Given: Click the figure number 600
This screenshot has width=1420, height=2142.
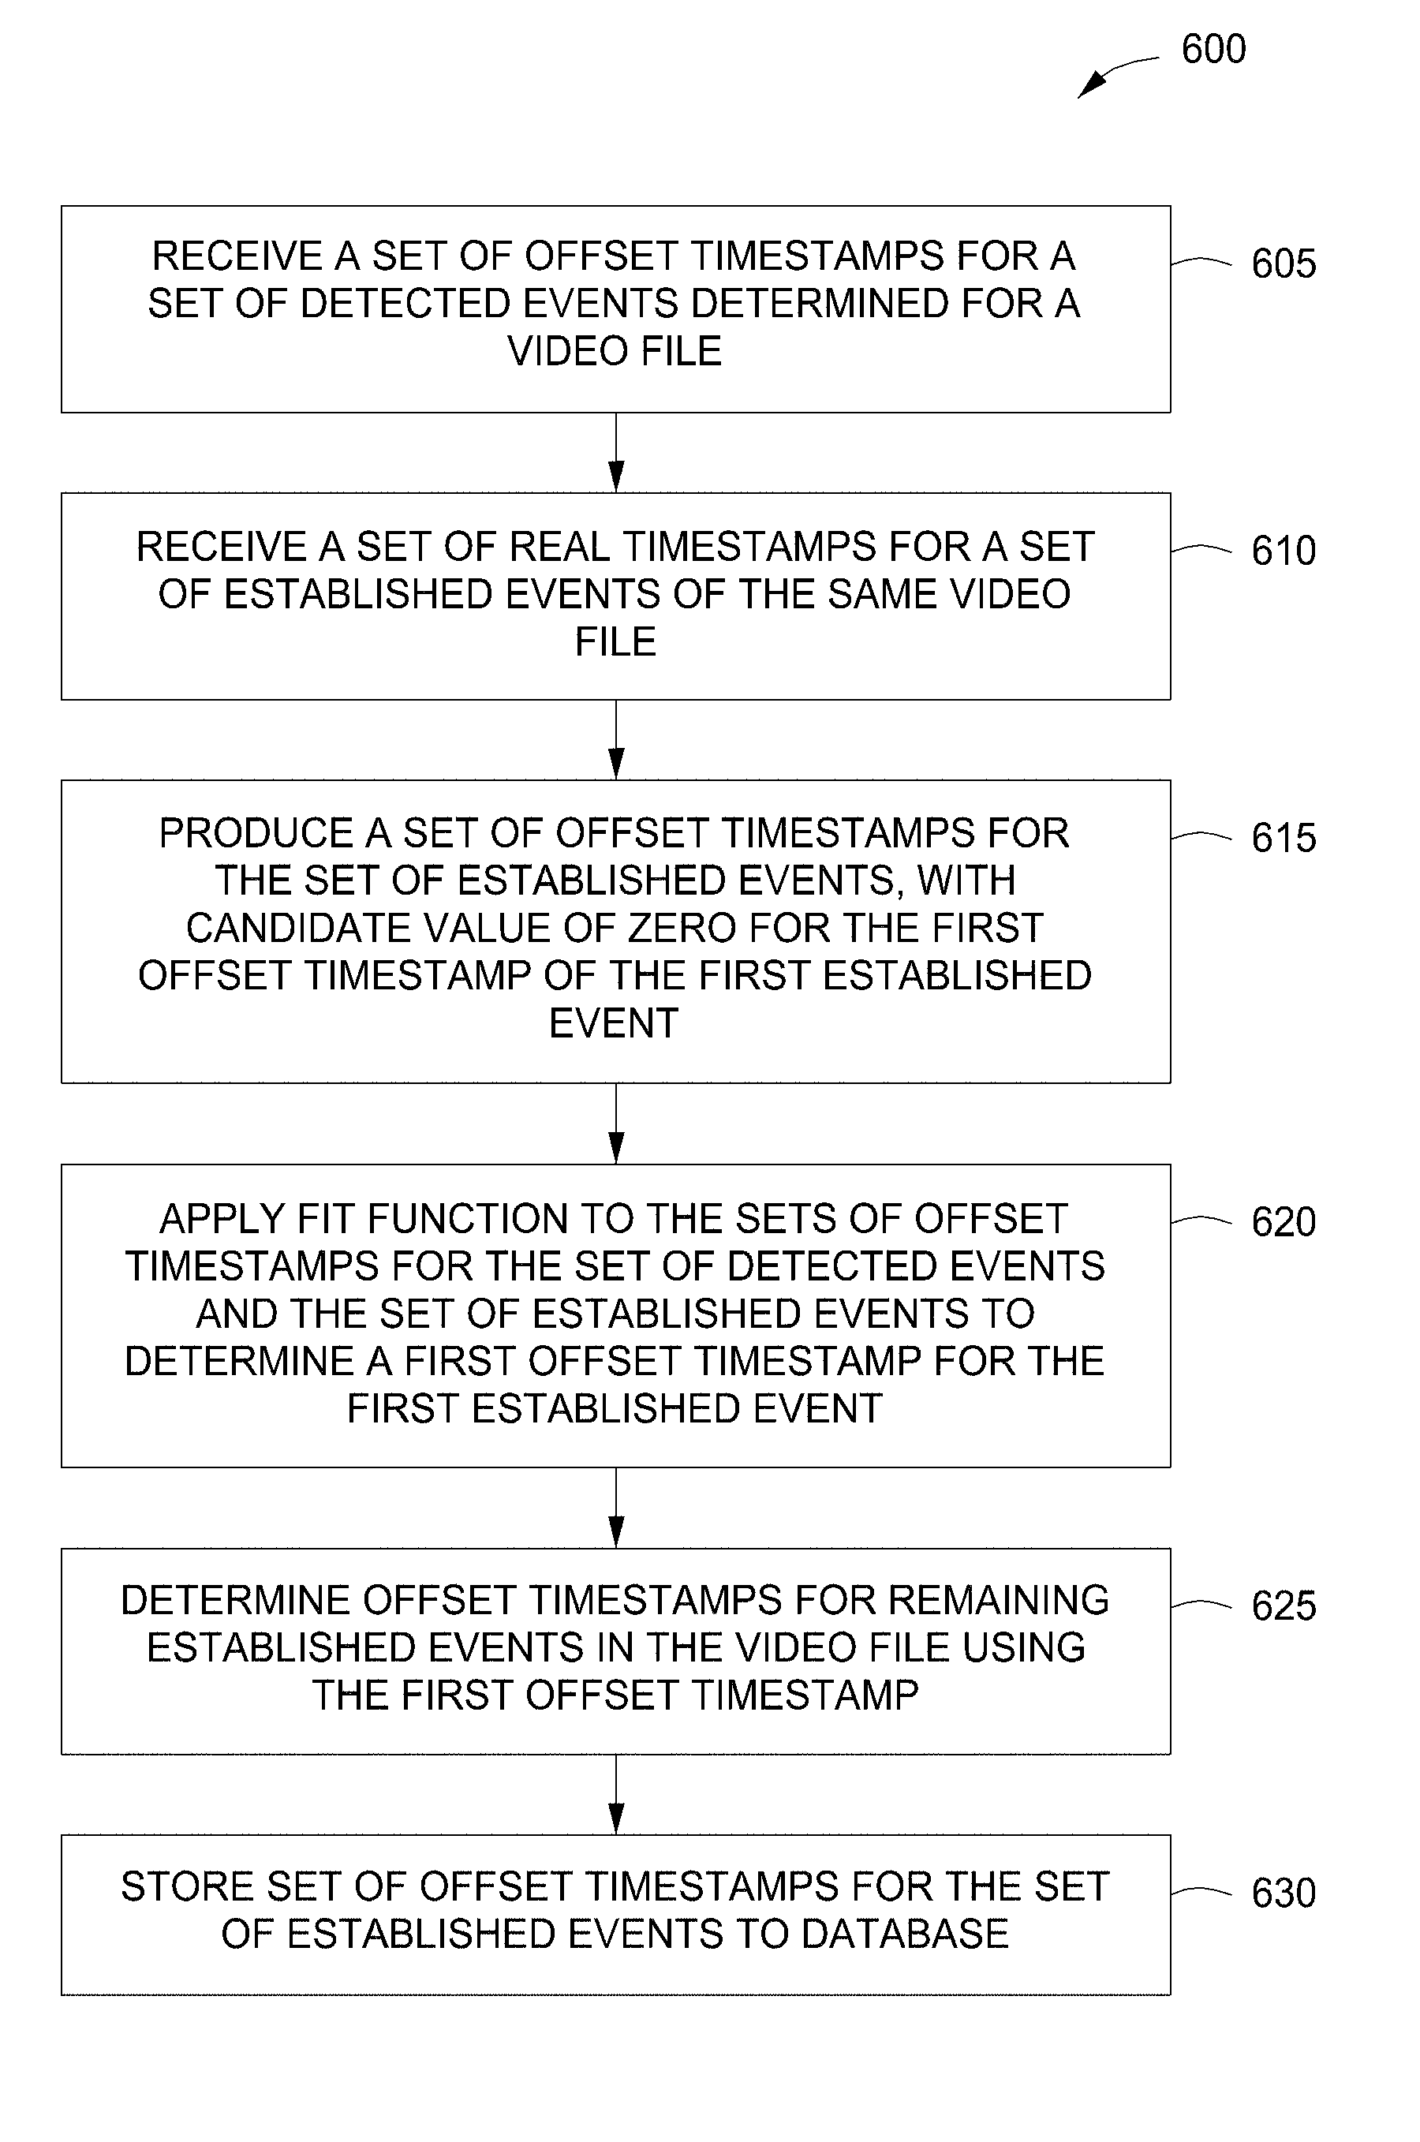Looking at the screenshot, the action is (x=1213, y=49).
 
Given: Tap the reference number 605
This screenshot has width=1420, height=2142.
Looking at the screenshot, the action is (x=1284, y=264).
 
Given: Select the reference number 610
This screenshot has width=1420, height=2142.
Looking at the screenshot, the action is (x=1284, y=551).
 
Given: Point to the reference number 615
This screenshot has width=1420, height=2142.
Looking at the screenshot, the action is (x=1284, y=838).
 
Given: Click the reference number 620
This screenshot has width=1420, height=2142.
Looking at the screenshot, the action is (x=1284, y=1222).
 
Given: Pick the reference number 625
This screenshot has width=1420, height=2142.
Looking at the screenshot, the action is (x=1284, y=1606).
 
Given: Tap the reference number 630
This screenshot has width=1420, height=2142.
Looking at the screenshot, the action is (x=1284, y=1893).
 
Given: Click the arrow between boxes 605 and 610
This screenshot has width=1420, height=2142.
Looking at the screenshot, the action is (x=616, y=453).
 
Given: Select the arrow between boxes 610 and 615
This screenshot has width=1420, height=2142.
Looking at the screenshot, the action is (x=616, y=740).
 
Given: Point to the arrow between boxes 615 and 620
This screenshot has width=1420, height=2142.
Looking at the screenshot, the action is (x=616, y=1124).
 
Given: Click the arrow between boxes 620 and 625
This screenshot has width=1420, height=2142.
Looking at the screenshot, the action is (x=616, y=1508).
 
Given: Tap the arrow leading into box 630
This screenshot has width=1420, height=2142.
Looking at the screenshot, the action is (x=616, y=1795).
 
